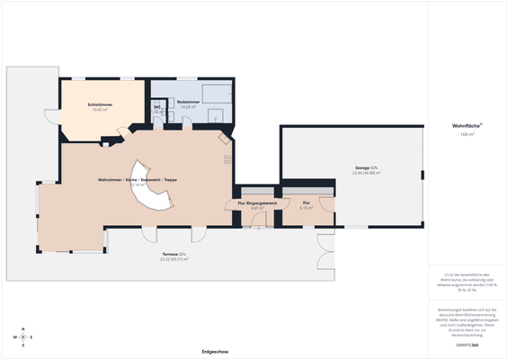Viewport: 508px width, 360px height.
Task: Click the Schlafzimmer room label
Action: [99, 105]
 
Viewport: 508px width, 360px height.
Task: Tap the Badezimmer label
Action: [188, 102]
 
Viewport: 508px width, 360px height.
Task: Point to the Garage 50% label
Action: [366, 167]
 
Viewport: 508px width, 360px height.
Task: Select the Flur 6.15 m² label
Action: [307, 203]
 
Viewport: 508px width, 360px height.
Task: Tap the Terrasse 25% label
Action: [174, 255]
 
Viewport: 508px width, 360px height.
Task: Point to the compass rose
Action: [23, 337]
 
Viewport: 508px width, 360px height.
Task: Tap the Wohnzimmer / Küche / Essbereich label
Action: [138, 180]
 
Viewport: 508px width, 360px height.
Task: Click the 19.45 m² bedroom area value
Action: [99, 111]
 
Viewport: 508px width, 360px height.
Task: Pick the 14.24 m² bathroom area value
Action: [188, 107]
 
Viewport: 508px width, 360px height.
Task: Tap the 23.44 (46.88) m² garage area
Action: [366, 173]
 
